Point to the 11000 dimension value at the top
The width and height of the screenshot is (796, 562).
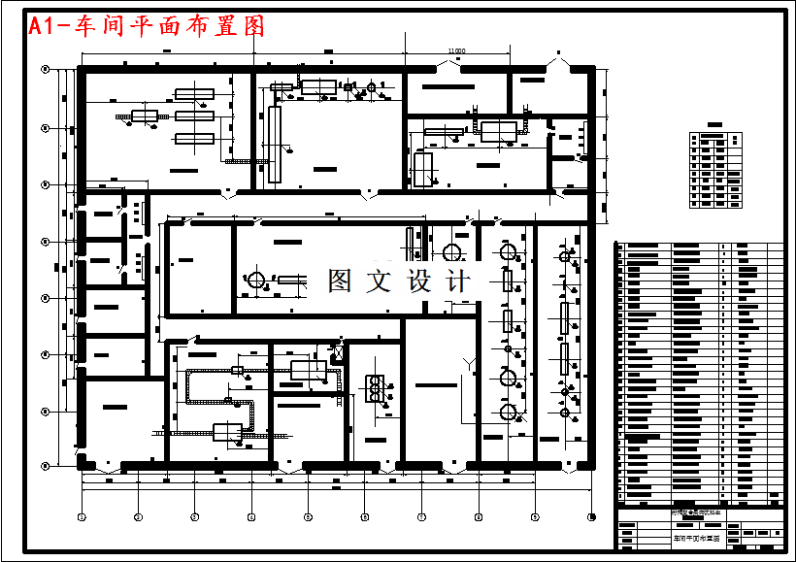tap(456, 51)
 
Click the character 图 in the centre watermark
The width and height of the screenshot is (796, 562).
tap(340, 281)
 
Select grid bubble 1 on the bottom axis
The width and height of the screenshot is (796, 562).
tap(83, 515)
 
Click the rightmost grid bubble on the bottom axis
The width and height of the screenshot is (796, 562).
tap(591, 515)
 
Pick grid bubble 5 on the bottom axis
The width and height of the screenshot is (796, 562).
tap(308, 515)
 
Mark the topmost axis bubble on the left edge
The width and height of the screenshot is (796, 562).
tap(45, 70)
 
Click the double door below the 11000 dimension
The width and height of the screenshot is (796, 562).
tap(449, 66)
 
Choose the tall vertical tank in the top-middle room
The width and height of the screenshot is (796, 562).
tap(275, 146)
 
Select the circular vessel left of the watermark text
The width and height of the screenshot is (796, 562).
tap(256, 281)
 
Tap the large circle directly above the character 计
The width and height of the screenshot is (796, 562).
tap(452, 252)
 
